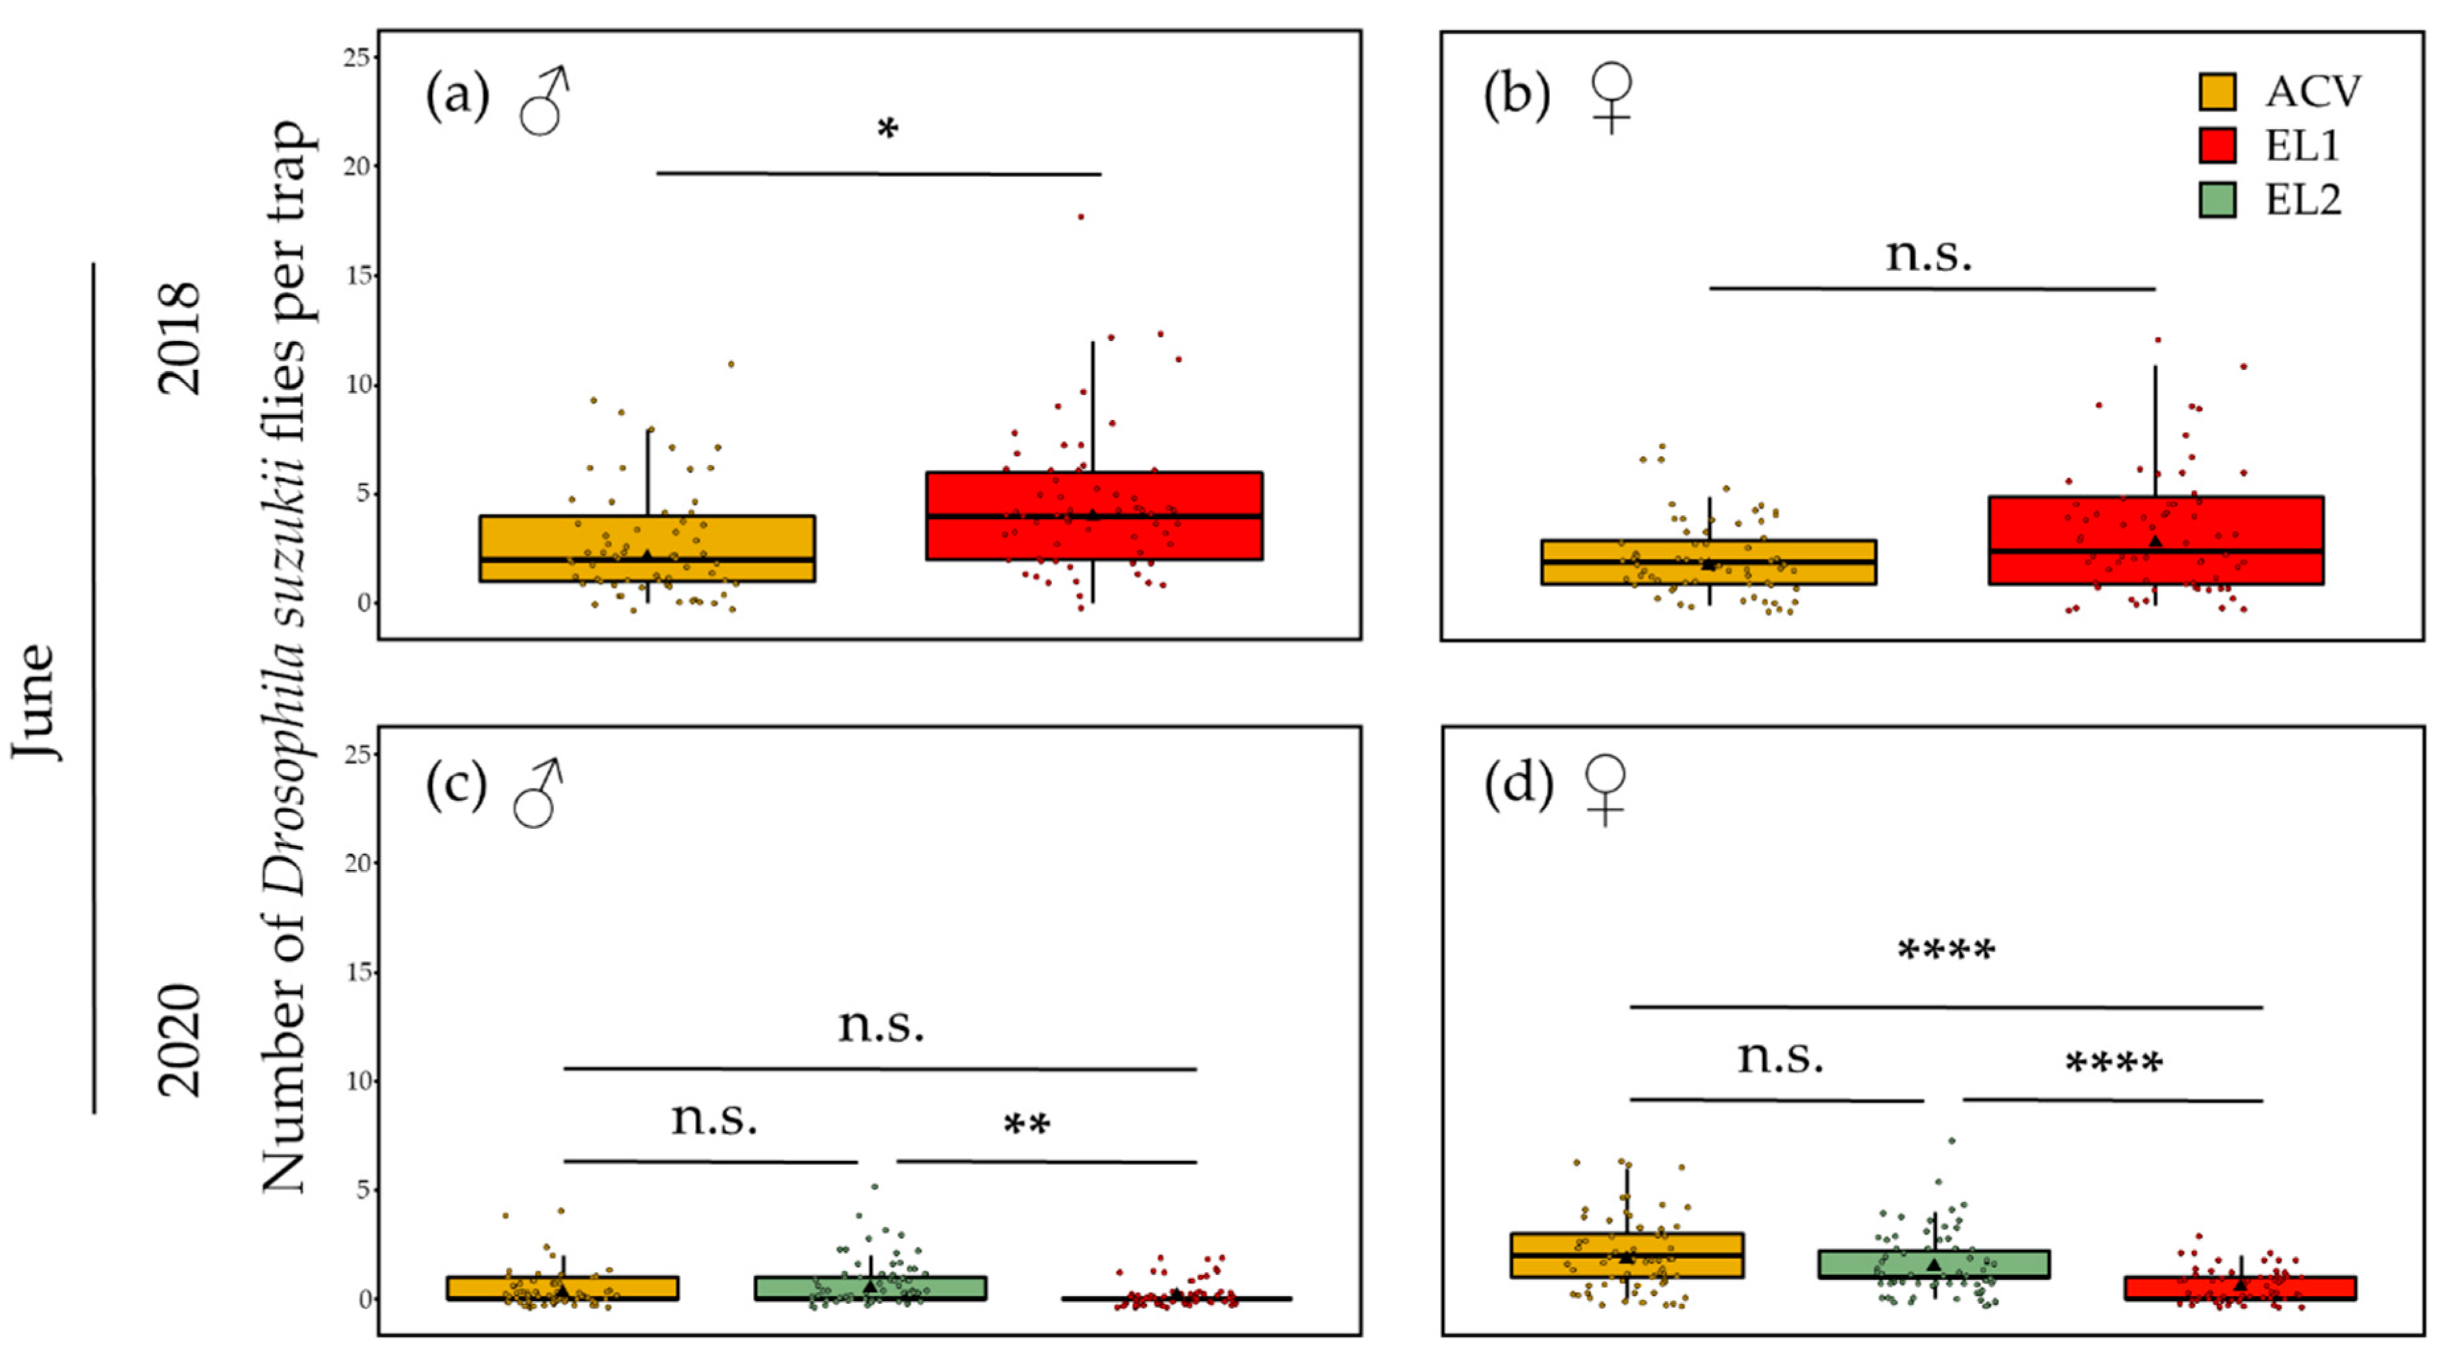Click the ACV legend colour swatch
tap(2217, 92)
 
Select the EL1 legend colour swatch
tap(2217, 146)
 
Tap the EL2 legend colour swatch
tap(2217, 200)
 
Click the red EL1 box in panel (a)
tap(1094, 515)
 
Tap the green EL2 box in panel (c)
tap(870, 1287)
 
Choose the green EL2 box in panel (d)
tap(1934, 1264)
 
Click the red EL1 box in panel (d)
tap(2240, 1287)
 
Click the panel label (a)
tap(457, 96)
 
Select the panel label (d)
tap(1518, 785)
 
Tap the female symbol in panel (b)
tap(1613, 97)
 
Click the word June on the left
tap(35, 701)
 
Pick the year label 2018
tap(178, 339)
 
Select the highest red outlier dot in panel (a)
tap(1081, 217)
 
